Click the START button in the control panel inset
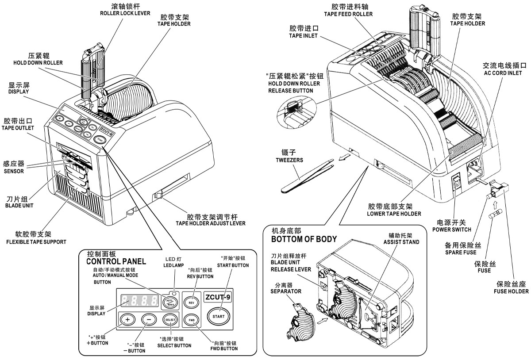point(219,316)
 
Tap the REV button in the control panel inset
point(191,303)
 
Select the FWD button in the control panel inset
point(192,320)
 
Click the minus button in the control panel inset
point(149,319)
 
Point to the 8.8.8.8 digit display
point(140,301)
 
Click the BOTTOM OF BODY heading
point(304,239)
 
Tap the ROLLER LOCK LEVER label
point(125,13)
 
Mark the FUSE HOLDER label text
point(511,291)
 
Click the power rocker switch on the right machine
point(456,184)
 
